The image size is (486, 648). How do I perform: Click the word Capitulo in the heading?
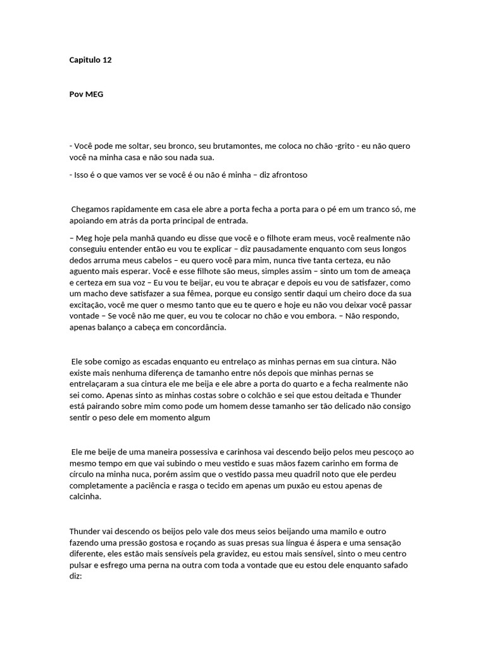pos(84,60)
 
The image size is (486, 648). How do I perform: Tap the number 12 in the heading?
pos(106,60)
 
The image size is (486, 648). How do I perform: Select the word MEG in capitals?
pos(94,94)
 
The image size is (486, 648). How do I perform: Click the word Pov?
pos(76,94)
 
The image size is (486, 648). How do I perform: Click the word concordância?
pos(195,328)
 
